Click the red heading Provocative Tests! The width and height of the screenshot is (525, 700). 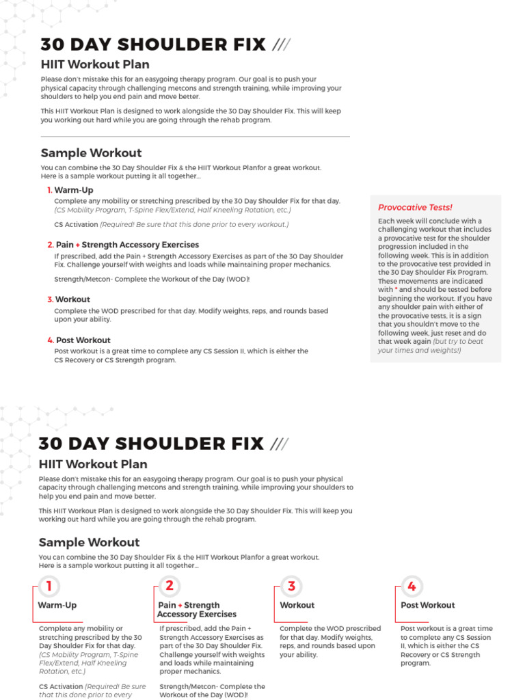click(x=415, y=207)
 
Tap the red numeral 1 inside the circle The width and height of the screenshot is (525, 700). click(x=49, y=586)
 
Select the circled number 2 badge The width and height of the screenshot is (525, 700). click(x=170, y=586)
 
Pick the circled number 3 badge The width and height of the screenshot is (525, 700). click(x=291, y=586)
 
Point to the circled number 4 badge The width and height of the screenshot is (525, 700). click(x=412, y=586)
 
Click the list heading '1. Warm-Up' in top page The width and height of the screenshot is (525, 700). click(x=70, y=190)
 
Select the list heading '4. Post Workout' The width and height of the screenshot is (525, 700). click(x=79, y=340)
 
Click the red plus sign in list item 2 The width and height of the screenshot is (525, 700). click(x=78, y=245)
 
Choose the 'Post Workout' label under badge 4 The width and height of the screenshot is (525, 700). click(x=427, y=605)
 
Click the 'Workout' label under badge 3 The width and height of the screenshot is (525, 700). click(x=297, y=605)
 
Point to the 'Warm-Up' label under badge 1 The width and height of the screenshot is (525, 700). click(x=57, y=605)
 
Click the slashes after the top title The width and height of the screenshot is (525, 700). click(x=281, y=45)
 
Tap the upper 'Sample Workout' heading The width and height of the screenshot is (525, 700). click(x=91, y=153)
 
